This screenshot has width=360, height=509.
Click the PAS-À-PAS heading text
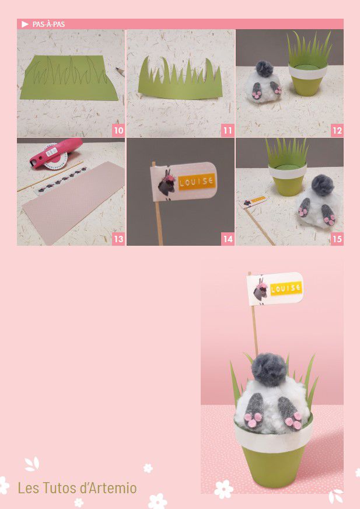(x=48, y=25)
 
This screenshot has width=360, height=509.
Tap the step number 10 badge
(x=119, y=131)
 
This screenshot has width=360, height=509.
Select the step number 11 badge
(x=228, y=131)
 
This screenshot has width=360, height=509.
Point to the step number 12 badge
(x=337, y=131)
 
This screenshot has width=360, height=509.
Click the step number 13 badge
(x=119, y=239)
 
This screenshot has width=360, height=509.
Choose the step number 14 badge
(x=228, y=239)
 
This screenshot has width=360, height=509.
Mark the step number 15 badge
(x=337, y=239)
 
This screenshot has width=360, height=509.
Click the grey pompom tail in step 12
(x=264, y=69)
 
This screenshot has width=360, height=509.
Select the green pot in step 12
(x=307, y=81)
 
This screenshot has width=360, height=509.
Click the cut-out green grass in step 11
(x=180, y=79)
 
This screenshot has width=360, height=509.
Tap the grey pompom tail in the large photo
(x=270, y=369)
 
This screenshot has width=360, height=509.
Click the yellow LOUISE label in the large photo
(x=286, y=288)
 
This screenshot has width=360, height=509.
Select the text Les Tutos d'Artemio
(x=77, y=488)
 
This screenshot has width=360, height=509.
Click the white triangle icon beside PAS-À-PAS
(x=25, y=25)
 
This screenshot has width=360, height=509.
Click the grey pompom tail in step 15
(x=323, y=186)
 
